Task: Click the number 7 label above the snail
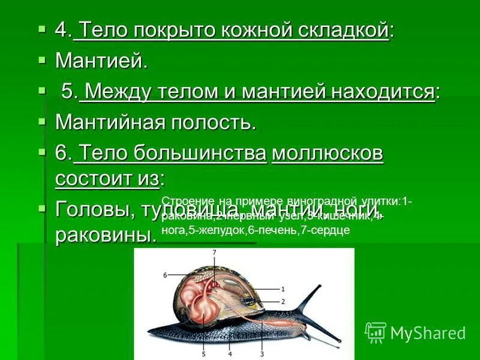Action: tap(214, 253)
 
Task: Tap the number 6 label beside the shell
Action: tap(164, 275)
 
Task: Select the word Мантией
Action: tap(101, 60)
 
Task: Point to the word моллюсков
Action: tap(328, 154)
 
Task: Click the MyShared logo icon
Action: tap(376, 332)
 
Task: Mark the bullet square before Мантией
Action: tap(41, 59)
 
